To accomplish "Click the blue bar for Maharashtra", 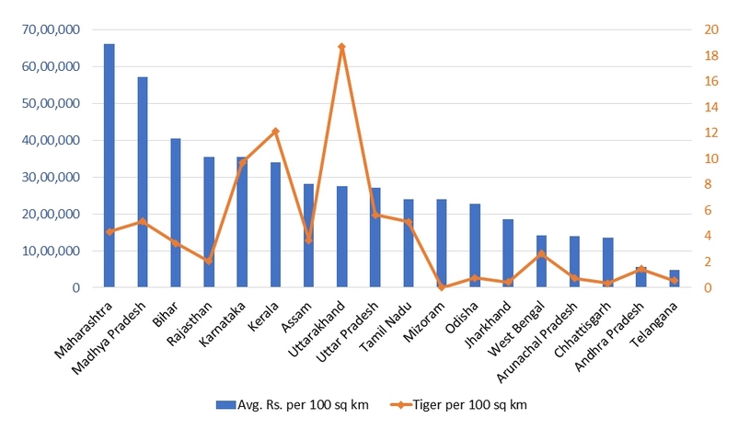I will (x=110, y=166).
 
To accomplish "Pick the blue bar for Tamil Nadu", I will (x=409, y=243).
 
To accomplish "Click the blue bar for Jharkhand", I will (x=508, y=253).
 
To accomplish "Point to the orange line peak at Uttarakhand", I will (x=341, y=46).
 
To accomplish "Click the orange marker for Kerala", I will (x=275, y=131).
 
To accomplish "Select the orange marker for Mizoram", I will (x=442, y=286).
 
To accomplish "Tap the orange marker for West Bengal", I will (x=541, y=253).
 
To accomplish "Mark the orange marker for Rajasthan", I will (x=209, y=261).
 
